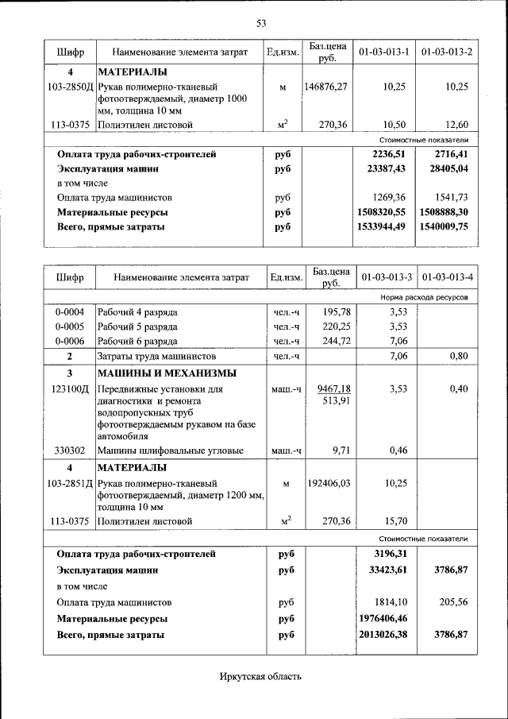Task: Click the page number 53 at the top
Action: [x=260, y=22]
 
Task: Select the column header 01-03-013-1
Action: [x=383, y=52]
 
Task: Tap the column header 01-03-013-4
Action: [x=447, y=277]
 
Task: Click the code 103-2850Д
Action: [x=71, y=86]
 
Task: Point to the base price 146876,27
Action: [x=325, y=86]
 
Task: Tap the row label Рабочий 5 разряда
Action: [x=137, y=326]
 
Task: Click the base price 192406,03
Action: [x=325, y=482]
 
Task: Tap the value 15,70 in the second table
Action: [x=394, y=521]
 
